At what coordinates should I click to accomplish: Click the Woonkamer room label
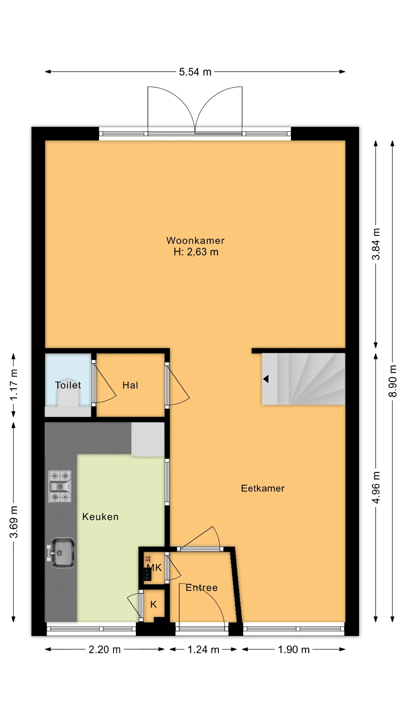click(x=195, y=240)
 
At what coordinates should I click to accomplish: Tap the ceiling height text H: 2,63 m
click(x=196, y=252)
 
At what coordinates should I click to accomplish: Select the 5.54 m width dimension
click(x=195, y=72)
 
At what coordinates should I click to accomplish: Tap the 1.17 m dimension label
click(x=13, y=385)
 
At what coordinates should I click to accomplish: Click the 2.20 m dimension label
click(x=105, y=650)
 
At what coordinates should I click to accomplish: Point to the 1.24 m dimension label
click(x=203, y=650)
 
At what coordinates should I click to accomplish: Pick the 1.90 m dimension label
click(x=294, y=650)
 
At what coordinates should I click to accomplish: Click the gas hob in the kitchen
click(x=60, y=486)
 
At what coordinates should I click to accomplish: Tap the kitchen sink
click(x=61, y=553)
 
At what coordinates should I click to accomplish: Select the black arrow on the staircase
click(x=266, y=379)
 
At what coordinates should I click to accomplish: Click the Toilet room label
click(x=68, y=385)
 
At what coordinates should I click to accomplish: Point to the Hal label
click(x=130, y=385)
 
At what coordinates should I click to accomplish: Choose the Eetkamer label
click(x=263, y=488)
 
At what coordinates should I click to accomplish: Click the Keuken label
click(x=100, y=517)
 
